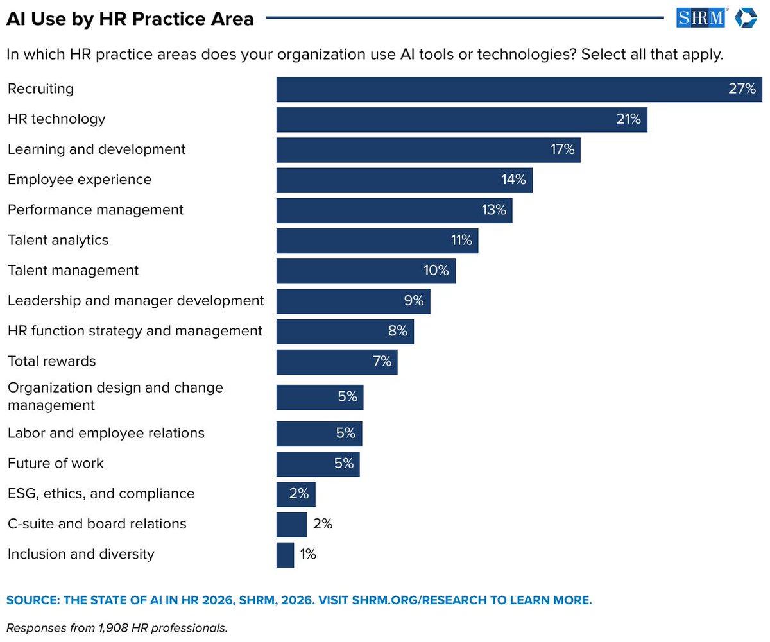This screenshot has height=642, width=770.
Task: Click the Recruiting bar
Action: [518, 89]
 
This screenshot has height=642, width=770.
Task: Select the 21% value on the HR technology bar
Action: [628, 119]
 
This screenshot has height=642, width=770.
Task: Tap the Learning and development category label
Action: [96, 149]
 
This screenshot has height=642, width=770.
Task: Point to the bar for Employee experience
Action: [404, 180]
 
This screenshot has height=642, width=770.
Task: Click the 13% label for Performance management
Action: [493, 210]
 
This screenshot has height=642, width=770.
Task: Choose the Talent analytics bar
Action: [377, 241]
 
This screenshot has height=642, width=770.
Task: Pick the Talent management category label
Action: [73, 271]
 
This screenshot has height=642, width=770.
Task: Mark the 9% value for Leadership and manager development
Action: [413, 300]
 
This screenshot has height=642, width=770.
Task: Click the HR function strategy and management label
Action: [135, 331]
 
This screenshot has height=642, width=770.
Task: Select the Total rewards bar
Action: [337, 362]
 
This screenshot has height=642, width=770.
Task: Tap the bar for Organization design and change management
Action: [320, 397]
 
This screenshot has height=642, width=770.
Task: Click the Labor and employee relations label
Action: [106, 434]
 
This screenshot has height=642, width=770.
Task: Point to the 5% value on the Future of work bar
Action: [344, 463]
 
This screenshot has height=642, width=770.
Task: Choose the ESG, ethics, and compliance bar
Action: [296, 494]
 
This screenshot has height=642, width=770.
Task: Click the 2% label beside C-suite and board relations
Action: [322, 524]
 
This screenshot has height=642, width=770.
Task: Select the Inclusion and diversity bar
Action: [285, 555]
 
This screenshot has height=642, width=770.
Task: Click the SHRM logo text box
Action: [701, 18]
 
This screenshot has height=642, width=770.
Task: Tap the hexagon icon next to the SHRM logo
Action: [746, 18]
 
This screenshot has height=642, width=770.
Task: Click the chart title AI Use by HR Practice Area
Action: [130, 19]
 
